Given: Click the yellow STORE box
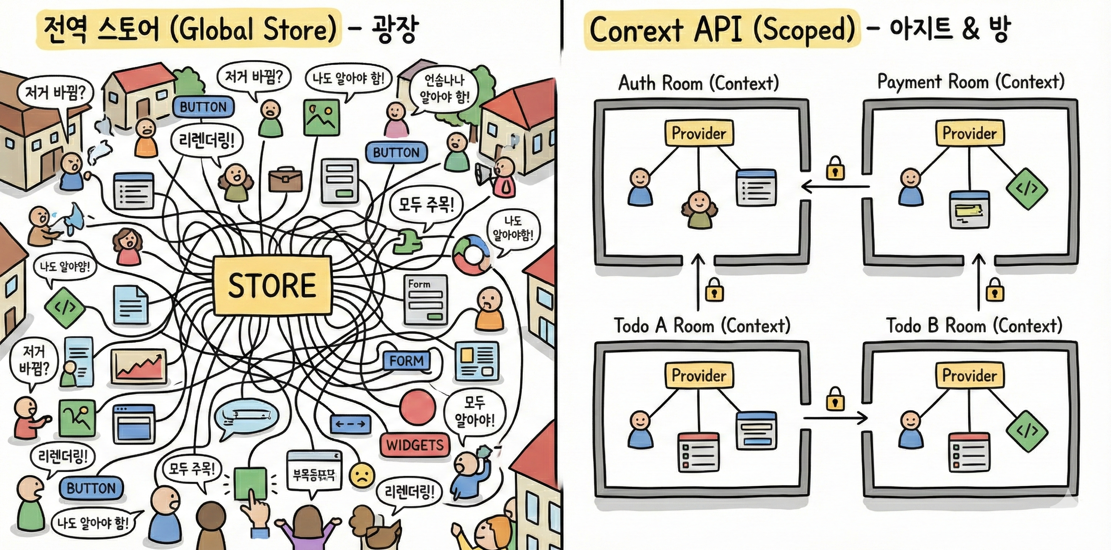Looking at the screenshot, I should click(272, 285).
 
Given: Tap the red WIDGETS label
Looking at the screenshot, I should click(414, 445).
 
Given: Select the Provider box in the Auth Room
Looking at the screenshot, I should click(699, 133).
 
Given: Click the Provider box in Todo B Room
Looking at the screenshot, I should click(969, 375).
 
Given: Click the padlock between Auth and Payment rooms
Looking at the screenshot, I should click(835, 168).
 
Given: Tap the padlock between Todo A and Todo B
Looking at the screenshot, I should click(835, 400).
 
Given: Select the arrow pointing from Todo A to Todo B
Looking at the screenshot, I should click(835, 418).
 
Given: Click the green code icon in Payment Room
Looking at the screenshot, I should click(1027, 189).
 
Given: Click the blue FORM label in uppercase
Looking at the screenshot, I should click(406, 361).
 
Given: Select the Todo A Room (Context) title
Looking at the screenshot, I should click(702, 325).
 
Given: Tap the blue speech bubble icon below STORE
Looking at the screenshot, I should click(245, 418).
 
